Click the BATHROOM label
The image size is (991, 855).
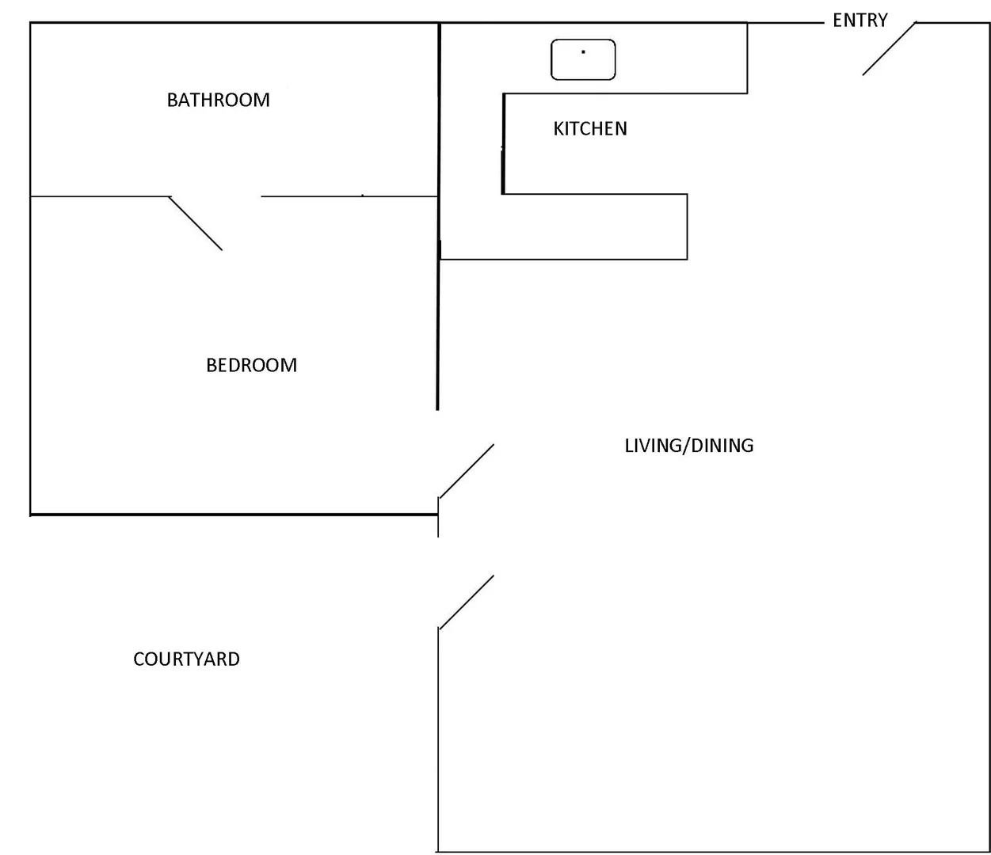(x=218, y=100)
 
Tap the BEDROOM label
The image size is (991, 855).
(x=251, y=365)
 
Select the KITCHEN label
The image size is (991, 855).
(x=589, y=128)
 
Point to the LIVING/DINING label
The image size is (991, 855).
(x=688, y=445)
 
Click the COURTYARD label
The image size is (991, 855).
(x=186, y=659)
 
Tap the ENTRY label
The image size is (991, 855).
(x=860, y=21)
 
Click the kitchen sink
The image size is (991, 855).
(x=583, y=60)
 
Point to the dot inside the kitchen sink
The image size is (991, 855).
(x=583, y=52)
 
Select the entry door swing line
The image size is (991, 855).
(x=889, y=49)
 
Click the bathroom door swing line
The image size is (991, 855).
(x=196, y=224)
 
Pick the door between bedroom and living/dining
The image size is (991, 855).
(x=467, y=471)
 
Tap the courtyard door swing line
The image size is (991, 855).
(x=467, y=602)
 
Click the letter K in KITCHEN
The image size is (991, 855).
(x=558, y=128)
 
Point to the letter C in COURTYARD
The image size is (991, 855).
(x=139, y=659)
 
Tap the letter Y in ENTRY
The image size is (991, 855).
(x=882, y=21)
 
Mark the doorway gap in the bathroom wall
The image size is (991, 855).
(x=215, y=196)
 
